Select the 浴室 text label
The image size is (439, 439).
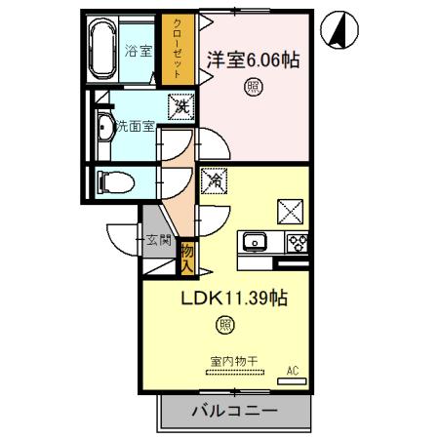pos(138,52)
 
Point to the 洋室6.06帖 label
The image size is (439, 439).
pos(252,60)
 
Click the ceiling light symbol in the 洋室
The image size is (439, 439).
pos(251,88)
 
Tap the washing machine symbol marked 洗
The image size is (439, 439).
pos(180,105)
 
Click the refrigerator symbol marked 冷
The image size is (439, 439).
pos(214,180)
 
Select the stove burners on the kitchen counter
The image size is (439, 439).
pos(297,241)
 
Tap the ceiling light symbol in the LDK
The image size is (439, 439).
pos(225,325)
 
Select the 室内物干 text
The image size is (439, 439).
pos(233,361)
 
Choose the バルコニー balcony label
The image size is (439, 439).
pos(233,412)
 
